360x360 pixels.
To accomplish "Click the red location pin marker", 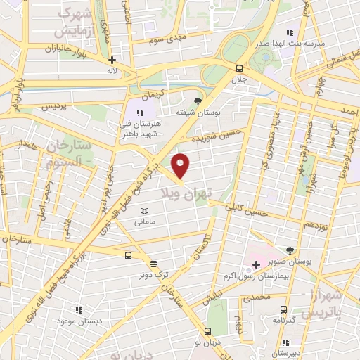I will pos(181,165).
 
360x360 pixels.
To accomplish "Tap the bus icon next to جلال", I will pos(240,68).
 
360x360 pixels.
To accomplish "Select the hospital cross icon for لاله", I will pos(111,60).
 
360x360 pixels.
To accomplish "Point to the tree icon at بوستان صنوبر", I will pos(290,250).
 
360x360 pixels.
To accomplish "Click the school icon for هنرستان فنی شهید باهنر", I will pos(140,112).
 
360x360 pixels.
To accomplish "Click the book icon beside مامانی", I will pos(145,211).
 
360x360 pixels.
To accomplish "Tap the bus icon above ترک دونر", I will pos(127,256).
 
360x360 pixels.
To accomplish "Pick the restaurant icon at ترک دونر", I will pos(153,266).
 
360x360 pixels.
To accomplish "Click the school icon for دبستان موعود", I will pos(78,309).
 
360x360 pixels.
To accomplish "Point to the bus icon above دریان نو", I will pos(207,330).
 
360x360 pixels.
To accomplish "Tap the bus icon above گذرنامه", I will pos(283,309).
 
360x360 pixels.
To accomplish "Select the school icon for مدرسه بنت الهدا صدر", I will pos(290,32).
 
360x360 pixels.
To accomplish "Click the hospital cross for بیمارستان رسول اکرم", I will pos(255,264).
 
